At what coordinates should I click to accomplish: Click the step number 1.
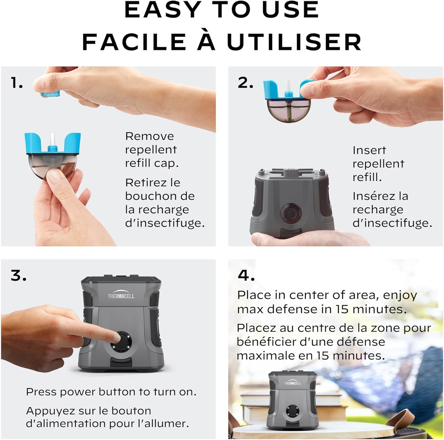coord(17,83)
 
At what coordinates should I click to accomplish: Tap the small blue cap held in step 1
coord(51,94)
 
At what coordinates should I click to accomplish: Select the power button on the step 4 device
coord(292,412)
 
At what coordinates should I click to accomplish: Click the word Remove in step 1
coord(149,136)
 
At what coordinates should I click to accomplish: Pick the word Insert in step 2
coord(369,150)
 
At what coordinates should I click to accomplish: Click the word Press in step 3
coord(41,392)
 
